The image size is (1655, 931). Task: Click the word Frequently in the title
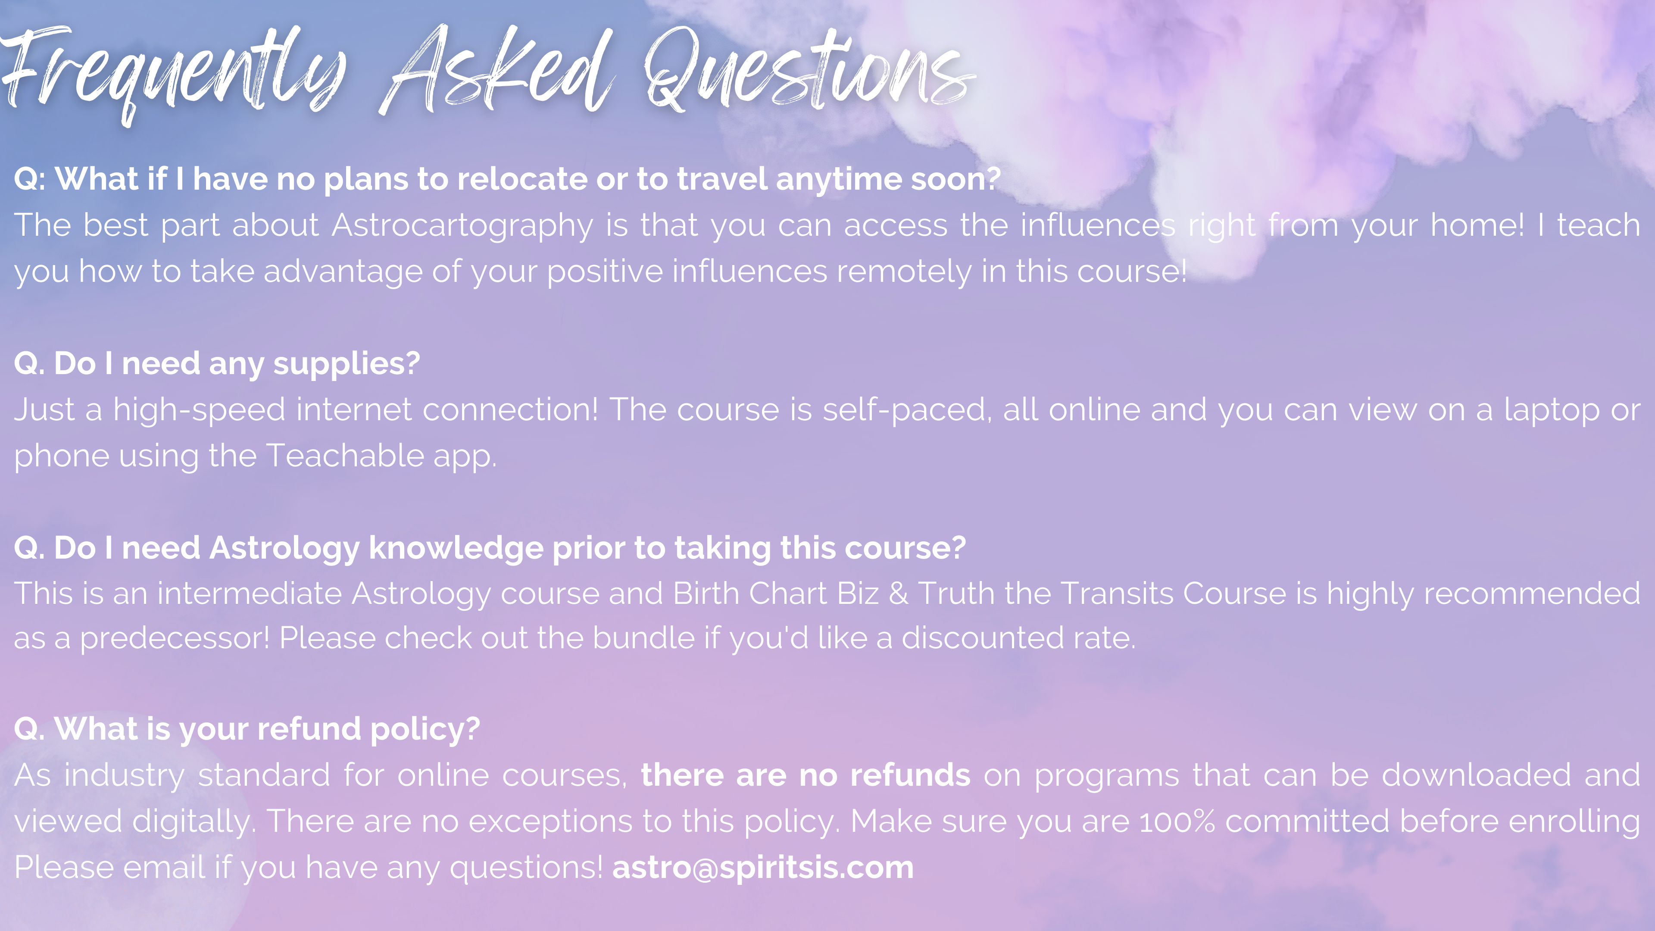tap(173, 74)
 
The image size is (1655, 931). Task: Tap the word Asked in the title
tap(498, 71)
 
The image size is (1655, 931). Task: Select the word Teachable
tap(344, 456)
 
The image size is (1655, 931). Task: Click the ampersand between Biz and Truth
tap(898, 594)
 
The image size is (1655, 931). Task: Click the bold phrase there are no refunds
tap(806, 775)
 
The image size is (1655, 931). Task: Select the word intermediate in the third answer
tap(249, 594)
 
